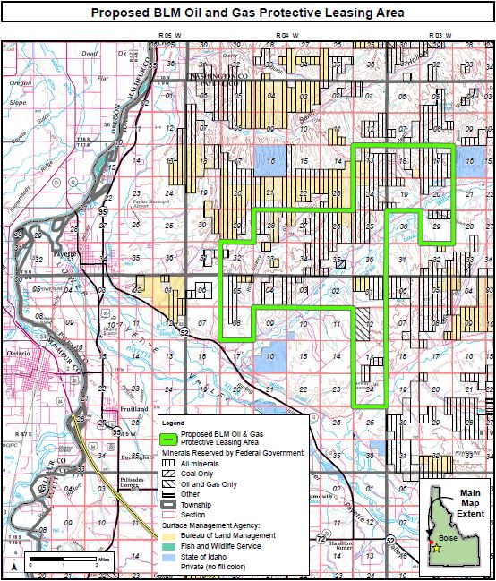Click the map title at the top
[247, 13]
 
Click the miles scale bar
[63, 560]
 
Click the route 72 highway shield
[321, 537]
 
